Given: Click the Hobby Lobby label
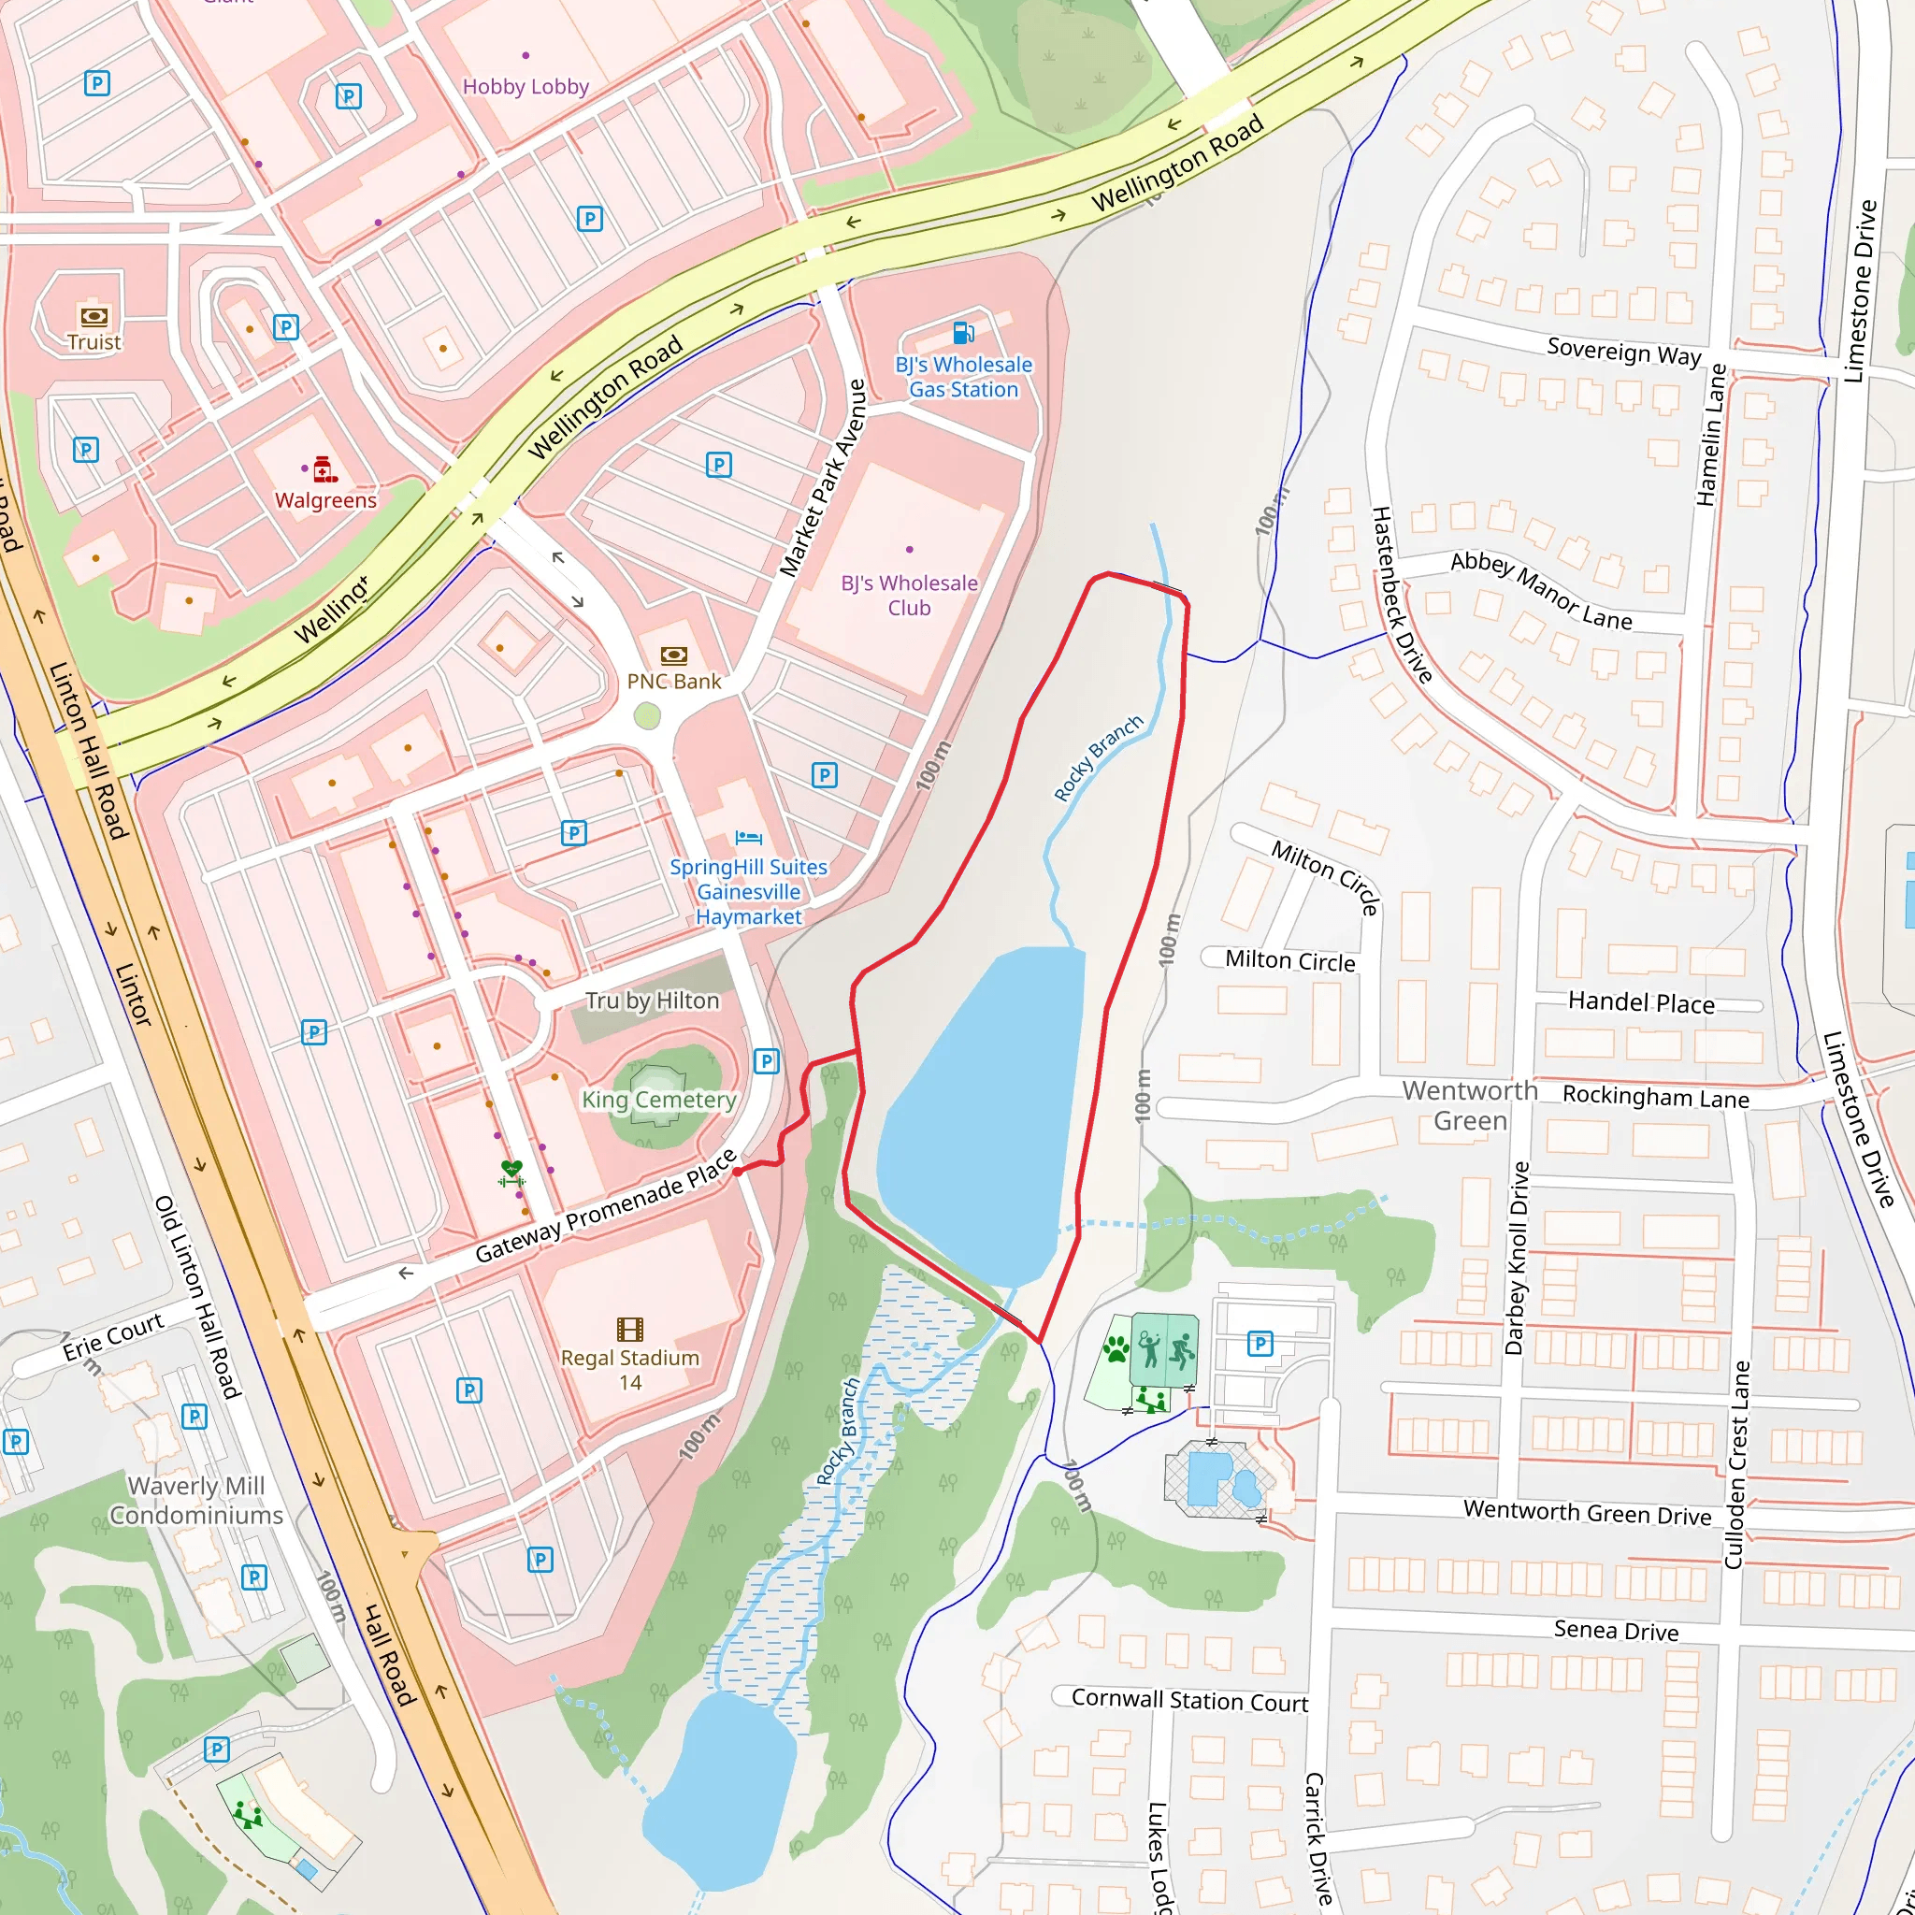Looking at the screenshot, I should pyautogui.click(x=526, y=86).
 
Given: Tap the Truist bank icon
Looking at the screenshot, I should pyautogui.click(x=94, y=316).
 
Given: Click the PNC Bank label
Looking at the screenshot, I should pyautogui.click(x=674, y=682).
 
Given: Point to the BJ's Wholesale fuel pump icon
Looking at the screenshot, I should pyautogui.click(x=962, y=332).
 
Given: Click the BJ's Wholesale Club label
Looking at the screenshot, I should pyautogui.click(x=909, y=596).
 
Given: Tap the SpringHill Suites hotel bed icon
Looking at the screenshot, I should pyautogui.click(x=748, y=839).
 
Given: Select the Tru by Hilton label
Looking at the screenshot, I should pyautogui.click(x=653, y=1001).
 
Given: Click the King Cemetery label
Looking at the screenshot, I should pyautogui.click(x=658, y=1101).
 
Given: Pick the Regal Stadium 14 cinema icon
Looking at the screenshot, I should pyautogui.click(x=629, y=1330).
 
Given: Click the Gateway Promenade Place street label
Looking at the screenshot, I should pyautogui.click(x=606, y=1206).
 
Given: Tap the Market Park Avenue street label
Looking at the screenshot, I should pyautogui.click(x=823, y=478).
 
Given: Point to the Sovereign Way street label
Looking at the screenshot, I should pyautogui.click(x=1623, y=352).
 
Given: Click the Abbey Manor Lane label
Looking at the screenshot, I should pyautogui.click(x=1540, y=592).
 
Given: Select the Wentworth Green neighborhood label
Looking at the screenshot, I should pyautogui.click(x=1470, y=1106).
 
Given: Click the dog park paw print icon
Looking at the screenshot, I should pyautogui.click(x=1116, y=1348).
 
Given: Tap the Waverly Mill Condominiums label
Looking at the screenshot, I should pyautogui.click(x=196, y=1501).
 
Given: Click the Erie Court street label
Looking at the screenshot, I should pyautogui.click(x=113, y=1336).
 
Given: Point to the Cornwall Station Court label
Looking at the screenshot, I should pyautogui.click(x=1189, y=1700).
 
